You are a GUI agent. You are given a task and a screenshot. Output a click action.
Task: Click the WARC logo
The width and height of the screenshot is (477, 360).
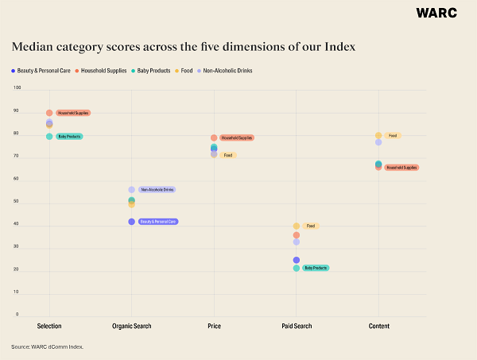tap(436, 13)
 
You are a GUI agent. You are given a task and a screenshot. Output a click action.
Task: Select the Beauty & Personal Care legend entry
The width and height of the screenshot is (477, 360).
tap(41, 72)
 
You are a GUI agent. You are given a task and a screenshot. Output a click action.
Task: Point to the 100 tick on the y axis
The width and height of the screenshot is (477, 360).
tap(17, 87)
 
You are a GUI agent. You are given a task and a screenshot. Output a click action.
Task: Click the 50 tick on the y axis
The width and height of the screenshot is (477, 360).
tap(17, 202)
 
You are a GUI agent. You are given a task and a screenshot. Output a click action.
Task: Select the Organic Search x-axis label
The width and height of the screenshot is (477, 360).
tap(131, 327)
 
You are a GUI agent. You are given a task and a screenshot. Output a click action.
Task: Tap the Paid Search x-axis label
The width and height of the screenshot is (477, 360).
tap(296, 327)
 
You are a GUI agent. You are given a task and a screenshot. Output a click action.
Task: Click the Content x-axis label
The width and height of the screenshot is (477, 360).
tap(378, 327)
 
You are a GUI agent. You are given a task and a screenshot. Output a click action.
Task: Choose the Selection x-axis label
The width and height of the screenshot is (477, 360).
tap(49, 327)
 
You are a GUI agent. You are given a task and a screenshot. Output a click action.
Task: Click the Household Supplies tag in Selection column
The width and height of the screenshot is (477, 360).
tap(72, 113)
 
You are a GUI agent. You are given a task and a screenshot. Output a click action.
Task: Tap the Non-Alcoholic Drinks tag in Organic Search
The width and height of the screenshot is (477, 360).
tap(156, 189)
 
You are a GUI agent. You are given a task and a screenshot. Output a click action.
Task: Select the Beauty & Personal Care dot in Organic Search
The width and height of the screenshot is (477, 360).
tap(131, 222)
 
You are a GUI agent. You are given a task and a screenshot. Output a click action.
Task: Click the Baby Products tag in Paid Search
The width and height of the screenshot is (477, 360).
tap(315, 268)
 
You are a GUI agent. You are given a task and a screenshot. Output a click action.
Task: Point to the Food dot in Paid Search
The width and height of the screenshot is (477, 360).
tap(297, 226)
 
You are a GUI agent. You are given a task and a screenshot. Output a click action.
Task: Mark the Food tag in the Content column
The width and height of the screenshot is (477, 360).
tap(393, 136)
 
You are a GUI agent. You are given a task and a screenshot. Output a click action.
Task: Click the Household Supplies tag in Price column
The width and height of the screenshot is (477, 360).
tap(236, 137)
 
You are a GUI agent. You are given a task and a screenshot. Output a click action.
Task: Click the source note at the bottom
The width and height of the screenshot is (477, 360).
tap(47, 347)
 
